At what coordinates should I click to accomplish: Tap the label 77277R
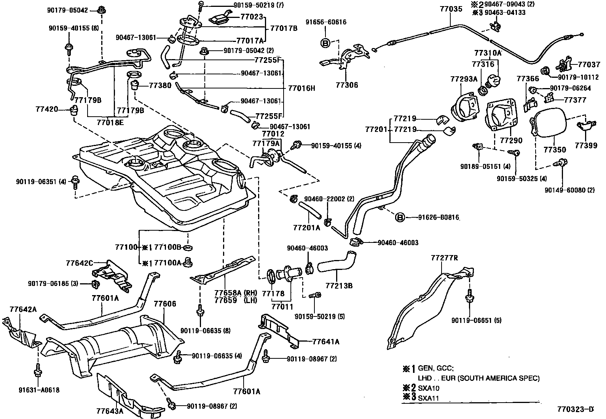coord(444,258)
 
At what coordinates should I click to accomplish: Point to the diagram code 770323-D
coord(575,410)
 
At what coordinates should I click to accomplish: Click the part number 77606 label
coord(165,303)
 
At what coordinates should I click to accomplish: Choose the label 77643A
coord(110,411)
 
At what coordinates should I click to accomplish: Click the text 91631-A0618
coord(38,390)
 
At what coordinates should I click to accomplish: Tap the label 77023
coord(252,17)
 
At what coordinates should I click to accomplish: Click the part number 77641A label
coord(326,342)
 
